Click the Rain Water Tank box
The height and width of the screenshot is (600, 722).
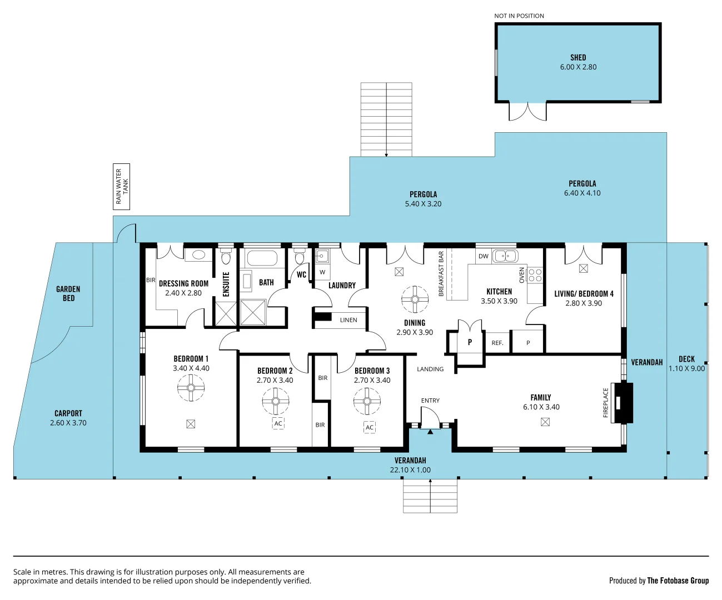point(121,187)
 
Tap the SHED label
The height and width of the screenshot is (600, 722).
point(578,57)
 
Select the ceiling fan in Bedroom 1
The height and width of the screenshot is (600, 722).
point(191,388)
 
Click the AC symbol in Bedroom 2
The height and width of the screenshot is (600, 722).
point(278,423)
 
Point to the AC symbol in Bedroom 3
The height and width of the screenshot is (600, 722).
point(370,427)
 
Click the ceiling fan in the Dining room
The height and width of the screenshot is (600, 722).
point(415,299)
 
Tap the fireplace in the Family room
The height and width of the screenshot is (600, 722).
point(623,403)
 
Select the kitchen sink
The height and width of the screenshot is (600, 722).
point(505,256)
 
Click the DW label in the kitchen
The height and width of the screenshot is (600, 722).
point(484,256)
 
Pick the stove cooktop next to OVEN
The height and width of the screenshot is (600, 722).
point(535,276)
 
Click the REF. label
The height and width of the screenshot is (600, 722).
point(497,343)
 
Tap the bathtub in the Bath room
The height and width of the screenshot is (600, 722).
point(262,258)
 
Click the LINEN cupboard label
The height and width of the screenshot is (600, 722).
point(348,320)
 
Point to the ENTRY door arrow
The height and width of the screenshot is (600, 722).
point(430,431)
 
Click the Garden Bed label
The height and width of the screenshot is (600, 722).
point(68,293)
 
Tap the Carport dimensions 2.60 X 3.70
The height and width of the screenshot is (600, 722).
point(68,423)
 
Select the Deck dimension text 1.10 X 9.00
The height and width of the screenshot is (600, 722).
point(686,368)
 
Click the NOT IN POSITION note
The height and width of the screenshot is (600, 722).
point(519,16)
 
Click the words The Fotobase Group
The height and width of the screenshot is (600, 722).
point(678,581)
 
